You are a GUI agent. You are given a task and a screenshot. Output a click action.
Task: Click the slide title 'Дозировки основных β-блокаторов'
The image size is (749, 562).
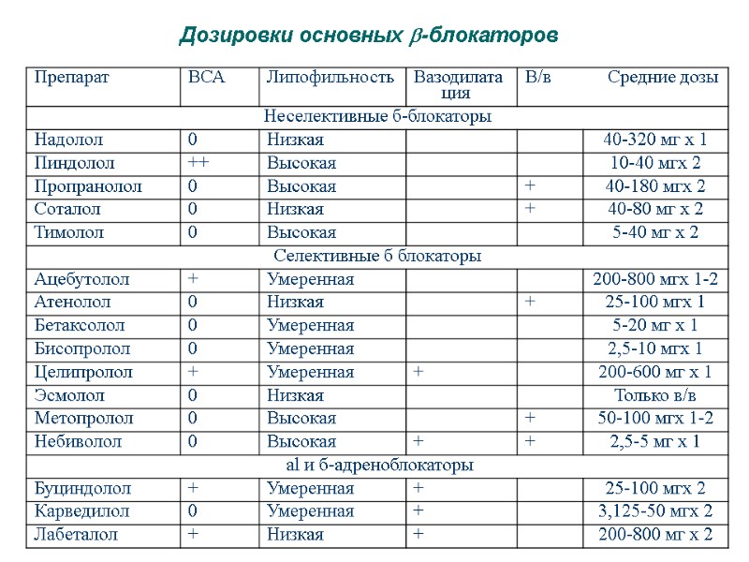(369, 36)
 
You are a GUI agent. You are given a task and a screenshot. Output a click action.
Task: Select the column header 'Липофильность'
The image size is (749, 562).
(330, 77)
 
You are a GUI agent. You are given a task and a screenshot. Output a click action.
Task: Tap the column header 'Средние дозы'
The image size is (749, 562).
(663, 77)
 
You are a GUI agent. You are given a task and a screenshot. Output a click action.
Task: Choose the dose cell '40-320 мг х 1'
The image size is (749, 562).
(655, 140)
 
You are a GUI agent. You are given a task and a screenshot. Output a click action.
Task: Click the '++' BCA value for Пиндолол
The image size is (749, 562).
(198, 163)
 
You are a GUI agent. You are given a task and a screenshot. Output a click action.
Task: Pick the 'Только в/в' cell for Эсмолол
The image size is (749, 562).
(655, 395)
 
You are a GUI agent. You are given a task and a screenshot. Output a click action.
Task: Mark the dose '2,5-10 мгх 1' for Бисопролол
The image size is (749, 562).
(655, 348)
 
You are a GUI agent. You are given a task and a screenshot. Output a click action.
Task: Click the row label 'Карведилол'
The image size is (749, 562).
(81, 511)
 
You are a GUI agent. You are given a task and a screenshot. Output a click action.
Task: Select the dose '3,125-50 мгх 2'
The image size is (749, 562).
(655, 511)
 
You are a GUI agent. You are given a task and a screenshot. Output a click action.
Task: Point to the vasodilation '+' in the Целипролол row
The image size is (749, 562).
(419, 372)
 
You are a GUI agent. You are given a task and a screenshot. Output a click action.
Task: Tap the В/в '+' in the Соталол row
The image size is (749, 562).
(530, 209)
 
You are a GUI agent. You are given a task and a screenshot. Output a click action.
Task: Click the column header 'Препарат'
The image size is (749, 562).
(71, 77)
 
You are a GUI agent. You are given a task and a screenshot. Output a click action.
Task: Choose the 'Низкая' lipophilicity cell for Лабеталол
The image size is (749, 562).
(295, 535)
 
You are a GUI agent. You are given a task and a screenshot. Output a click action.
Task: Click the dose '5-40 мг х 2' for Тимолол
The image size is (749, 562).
(655, 232)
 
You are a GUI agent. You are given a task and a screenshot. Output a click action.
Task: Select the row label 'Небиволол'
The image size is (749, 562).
(78, 441)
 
